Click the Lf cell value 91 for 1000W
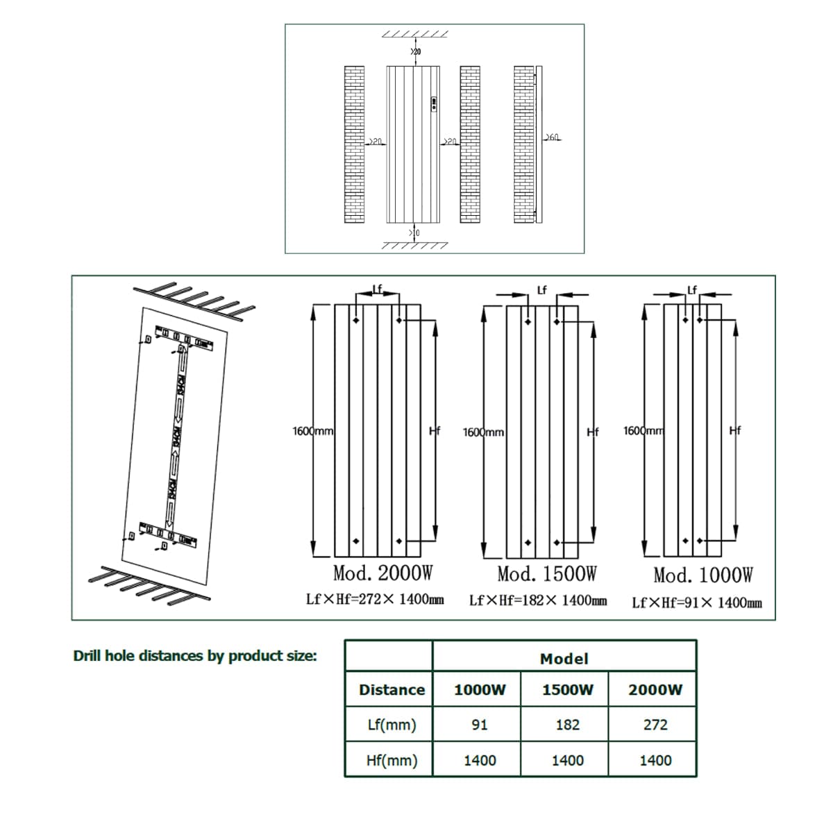click(479, 725)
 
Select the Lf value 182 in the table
click(567, 725)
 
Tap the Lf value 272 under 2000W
click(655, 725)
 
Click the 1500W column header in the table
click(567, 689)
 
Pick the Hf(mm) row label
click(392, 760)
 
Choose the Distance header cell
click(392, 689)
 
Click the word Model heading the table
click(564, 659)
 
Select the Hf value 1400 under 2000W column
click(655, 760)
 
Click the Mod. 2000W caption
click(383, 574)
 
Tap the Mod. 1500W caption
click(547, 574)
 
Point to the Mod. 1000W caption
click(702, 575)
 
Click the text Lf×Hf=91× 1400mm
click(696, 603)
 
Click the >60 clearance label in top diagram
click(553, 137)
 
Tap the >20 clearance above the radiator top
click(415, 51)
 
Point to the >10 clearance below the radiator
click(415, 233)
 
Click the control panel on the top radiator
click(435, 104)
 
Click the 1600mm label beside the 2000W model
click(312, 431)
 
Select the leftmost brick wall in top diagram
click(354, 144)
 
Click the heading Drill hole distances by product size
click(195, 655)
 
